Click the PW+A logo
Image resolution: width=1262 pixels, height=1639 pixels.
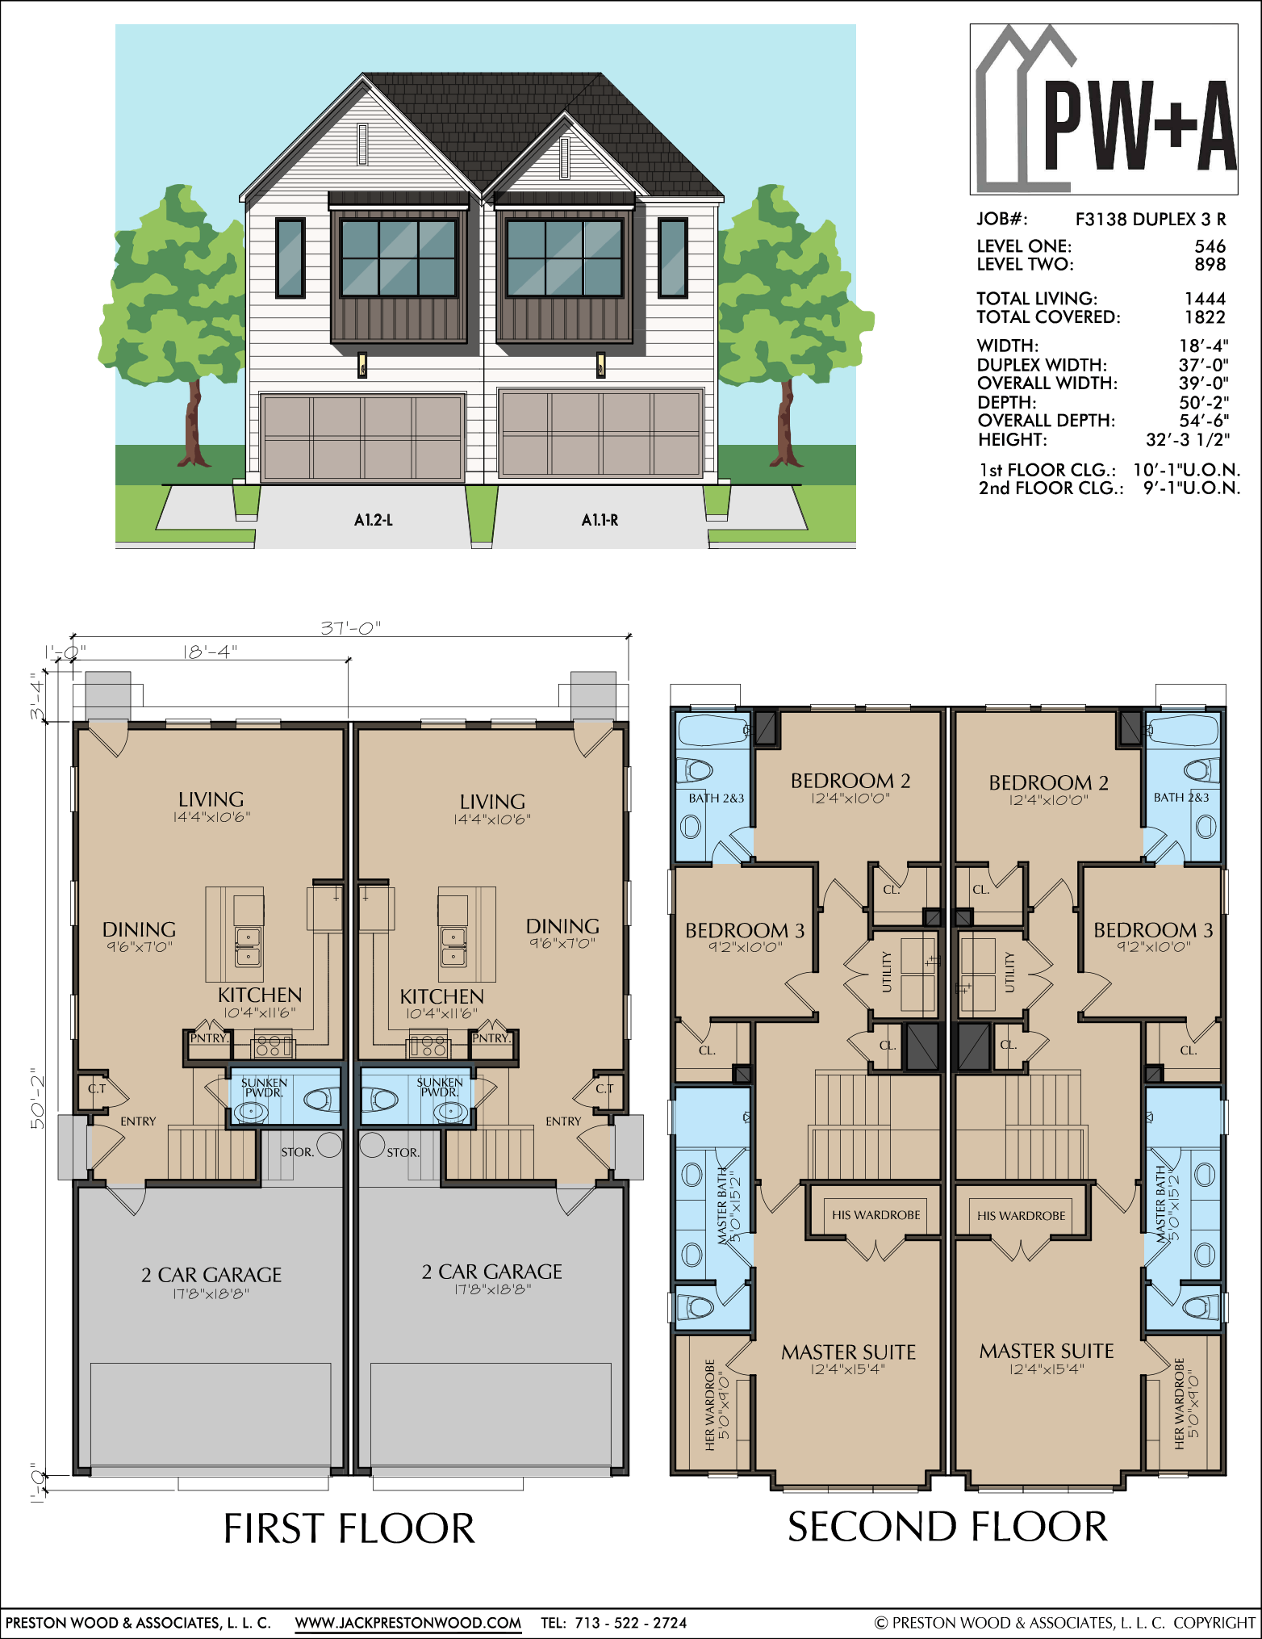[1104, 109]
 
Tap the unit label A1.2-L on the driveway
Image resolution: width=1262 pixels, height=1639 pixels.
[374, 520]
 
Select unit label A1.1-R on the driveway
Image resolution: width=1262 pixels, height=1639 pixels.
[600, 520]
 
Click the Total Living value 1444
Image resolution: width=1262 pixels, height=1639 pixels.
[1205, 299]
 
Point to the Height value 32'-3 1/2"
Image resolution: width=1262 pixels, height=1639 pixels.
[1188, 440]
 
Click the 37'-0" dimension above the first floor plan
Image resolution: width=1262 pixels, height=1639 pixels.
[350, 627]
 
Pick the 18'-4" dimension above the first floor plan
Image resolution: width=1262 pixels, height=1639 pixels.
[210, 651]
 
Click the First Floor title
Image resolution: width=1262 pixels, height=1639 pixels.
[349, 1528]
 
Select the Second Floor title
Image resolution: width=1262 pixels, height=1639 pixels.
[947, 1527]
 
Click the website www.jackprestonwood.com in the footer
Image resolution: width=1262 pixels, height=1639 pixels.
[408, 1623]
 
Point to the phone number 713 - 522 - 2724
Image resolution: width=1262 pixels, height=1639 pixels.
[631, 1623]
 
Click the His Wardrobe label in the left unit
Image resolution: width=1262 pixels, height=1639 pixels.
[875, 1215]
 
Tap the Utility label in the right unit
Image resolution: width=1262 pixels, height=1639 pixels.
[1009, 971]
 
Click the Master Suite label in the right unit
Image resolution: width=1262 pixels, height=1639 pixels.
[1047, 1351]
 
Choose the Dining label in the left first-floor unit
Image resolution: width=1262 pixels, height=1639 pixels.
[139, 929]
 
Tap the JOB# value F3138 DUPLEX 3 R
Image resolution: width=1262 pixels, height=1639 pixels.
[1151, 219]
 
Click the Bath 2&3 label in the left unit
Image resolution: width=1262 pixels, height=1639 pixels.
[717, 799]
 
